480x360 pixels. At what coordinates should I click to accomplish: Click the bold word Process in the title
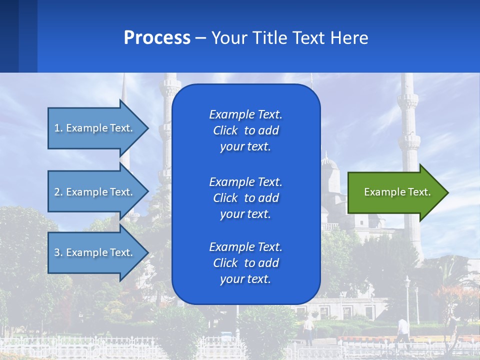tap(157, 38)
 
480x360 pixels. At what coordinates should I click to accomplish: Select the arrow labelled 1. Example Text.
tap(95, 128)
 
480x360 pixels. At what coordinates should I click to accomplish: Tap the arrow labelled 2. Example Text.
tap(95, 192)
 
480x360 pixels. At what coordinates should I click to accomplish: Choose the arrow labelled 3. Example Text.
tap(95, 252)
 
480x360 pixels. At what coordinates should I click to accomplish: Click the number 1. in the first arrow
tap(58, 128)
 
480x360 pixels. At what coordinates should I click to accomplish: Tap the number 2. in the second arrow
tap(58, 192)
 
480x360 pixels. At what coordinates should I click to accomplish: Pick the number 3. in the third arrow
tap(58, 252)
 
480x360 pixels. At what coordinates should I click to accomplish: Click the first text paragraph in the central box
tap(245, 130)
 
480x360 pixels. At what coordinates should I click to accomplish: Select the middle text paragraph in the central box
tap(245, 198)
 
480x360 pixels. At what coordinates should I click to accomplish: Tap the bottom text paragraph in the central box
tap(245, 263)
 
